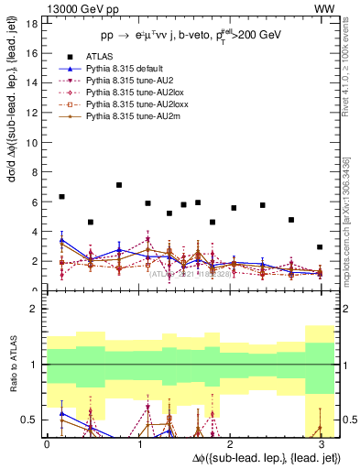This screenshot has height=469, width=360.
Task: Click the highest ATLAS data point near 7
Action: [119, 185]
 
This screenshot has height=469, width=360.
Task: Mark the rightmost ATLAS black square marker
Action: [320, 247]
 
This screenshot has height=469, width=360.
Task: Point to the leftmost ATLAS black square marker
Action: [61, 197]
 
